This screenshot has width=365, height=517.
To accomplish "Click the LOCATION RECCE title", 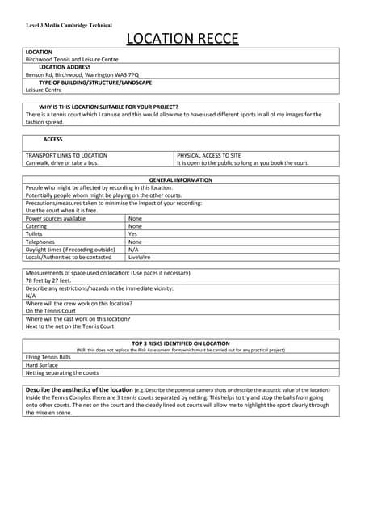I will (182, 38).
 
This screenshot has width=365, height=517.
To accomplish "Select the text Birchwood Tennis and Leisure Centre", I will (72, 59).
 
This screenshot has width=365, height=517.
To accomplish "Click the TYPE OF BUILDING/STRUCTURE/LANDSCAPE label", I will (95, 82).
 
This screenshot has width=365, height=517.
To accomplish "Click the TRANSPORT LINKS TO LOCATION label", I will (66, 155).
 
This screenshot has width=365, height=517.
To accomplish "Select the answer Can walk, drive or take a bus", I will (62, 163).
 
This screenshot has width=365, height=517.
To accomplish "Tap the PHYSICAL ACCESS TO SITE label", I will (209, 155).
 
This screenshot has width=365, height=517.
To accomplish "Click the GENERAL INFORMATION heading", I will (182, 180).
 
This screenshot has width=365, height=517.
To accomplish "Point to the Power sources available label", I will (56, 218).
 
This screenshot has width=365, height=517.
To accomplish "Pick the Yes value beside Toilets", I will (133, 233).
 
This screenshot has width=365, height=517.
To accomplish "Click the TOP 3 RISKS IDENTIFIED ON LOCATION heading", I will (182, 343).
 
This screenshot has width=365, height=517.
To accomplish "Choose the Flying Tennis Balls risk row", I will (48, 357).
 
